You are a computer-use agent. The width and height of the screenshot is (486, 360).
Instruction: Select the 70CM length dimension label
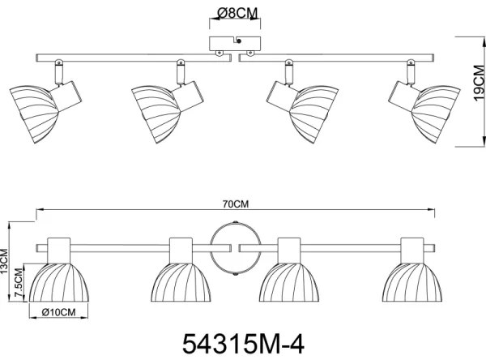(236, 204)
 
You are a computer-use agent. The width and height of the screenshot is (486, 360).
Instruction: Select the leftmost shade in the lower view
(57, 281)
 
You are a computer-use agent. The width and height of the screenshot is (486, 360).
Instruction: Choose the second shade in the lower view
(180, 281)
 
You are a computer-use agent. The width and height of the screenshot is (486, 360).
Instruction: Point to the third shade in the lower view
(289, 281)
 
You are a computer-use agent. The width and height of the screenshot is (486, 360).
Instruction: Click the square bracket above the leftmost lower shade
(58, 248)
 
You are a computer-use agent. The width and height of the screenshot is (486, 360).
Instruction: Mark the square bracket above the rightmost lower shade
(413, 248)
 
